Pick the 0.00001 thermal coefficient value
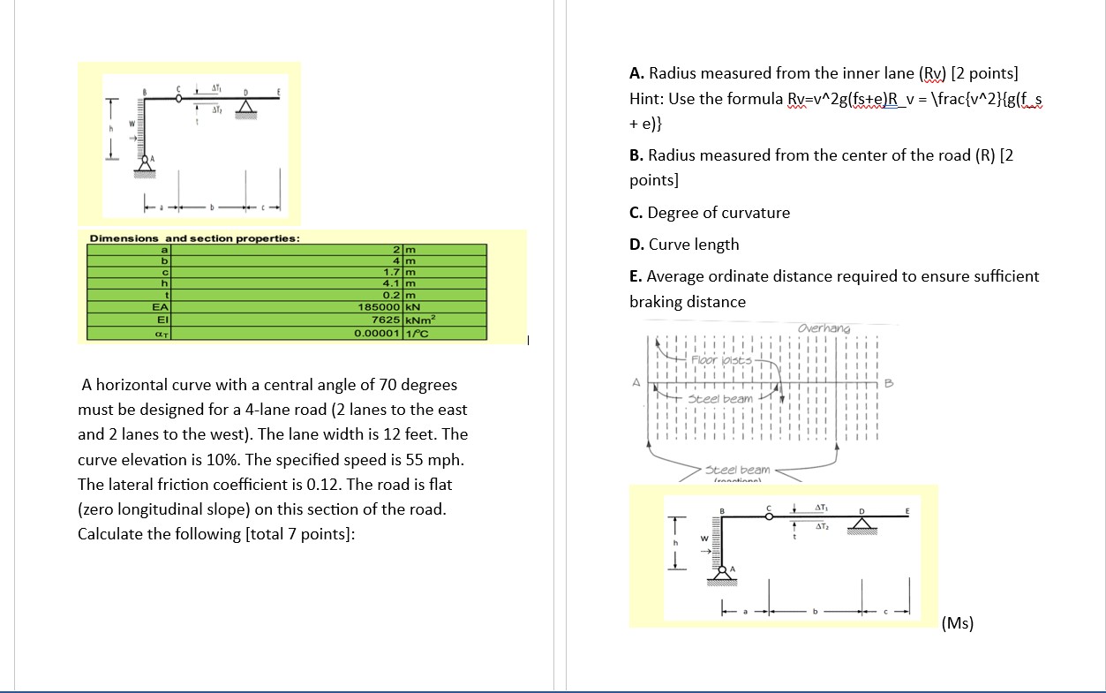378,334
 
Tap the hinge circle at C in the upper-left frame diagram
180,99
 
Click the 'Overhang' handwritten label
823,328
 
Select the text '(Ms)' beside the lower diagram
958,623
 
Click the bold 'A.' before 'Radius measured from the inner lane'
637,73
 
